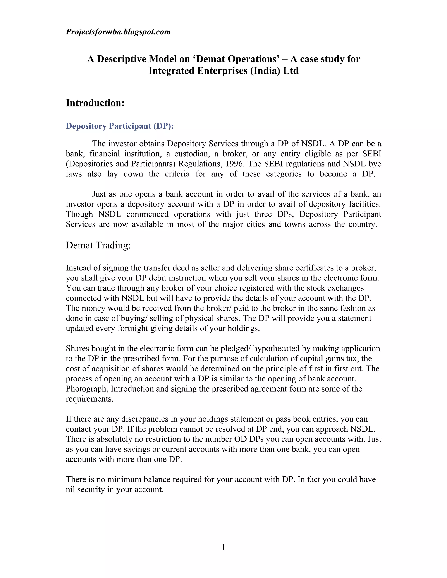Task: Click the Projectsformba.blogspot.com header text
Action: tap(118, 32)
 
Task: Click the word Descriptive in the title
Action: tap(120, 59)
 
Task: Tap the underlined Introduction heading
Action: tap(93, 103)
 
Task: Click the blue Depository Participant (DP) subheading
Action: tap(120, 126)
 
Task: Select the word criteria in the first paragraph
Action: tap(177, 174)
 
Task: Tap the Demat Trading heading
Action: tap(98, 245)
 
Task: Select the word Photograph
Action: tap(87, 389)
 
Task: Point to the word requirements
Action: tap(89, 399)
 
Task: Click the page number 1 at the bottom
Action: tap(223, 547)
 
